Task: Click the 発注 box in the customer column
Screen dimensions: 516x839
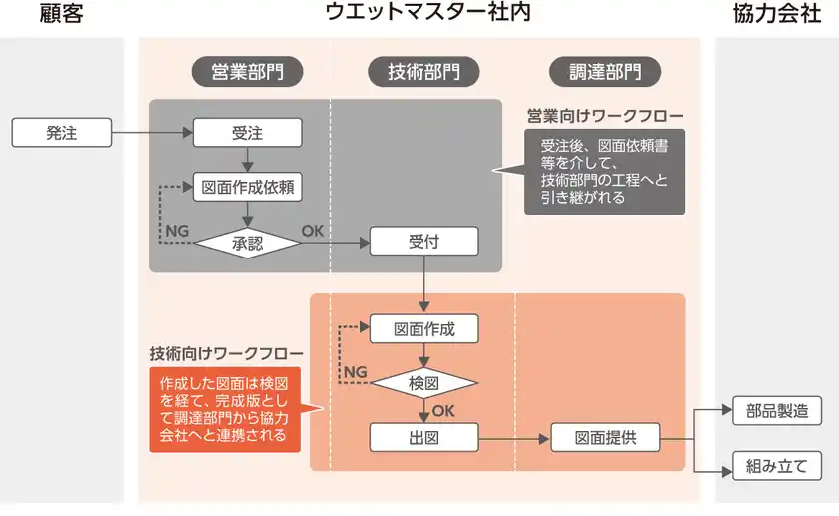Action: tap(61, 133)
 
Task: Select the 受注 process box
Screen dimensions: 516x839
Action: tap(247, 133)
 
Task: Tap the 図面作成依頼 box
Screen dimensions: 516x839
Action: tap(247, 187)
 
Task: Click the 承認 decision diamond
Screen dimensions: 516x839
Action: tap(247, 242)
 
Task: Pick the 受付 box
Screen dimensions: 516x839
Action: tap(423, 242)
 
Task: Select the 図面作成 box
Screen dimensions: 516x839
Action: tap(423, 328)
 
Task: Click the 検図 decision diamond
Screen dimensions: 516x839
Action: tap(423, 382)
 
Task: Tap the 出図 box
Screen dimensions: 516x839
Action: tap(423, 437)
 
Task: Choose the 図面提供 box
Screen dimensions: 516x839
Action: tap(605, 437)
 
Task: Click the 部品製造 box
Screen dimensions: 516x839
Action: tap(777, 411)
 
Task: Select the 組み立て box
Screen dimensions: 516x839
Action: tap(777, 465)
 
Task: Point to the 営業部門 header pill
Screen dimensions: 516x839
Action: tap(247, 72)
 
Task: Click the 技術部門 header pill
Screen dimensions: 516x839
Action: tap(423, 72)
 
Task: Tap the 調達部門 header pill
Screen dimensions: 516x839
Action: tap(605, 72)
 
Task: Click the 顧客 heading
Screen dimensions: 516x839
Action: tap(61, 14)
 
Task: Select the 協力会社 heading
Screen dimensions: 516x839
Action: tap(776, 14)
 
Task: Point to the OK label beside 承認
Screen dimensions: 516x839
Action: tap(313, 231)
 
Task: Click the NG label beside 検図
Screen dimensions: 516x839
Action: tap(355, 371)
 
